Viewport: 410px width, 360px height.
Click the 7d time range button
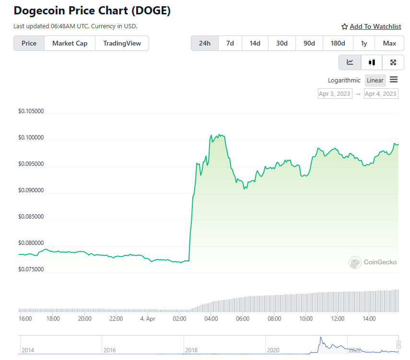click(230, 43)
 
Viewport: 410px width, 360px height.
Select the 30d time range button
click(282, 43)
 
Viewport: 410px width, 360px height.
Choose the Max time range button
click(389, 43)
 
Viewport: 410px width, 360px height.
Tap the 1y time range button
click(364, 43)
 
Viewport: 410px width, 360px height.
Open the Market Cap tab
click(70, 43)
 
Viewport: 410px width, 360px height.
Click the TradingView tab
click(122, 43)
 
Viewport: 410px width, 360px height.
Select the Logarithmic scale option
click(344, 80)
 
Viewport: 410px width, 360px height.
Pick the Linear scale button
click(375, 80)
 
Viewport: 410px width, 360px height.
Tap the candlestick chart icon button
click(372, 62)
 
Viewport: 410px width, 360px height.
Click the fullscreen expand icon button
click(393, 62)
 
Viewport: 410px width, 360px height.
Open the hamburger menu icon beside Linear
click(394, 80)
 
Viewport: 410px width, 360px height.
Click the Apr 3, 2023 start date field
click(335, 93)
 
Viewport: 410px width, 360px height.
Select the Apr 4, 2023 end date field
click(381, 93)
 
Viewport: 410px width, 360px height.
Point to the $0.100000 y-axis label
click(31, 138)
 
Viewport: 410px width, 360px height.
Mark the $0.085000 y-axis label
click(31, 217)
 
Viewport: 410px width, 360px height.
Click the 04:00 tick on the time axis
click(211, 318)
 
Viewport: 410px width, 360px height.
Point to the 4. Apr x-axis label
click(148, 318)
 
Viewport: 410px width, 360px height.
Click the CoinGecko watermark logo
click(373, 262)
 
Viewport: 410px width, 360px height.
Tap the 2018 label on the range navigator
click(191, 350)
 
